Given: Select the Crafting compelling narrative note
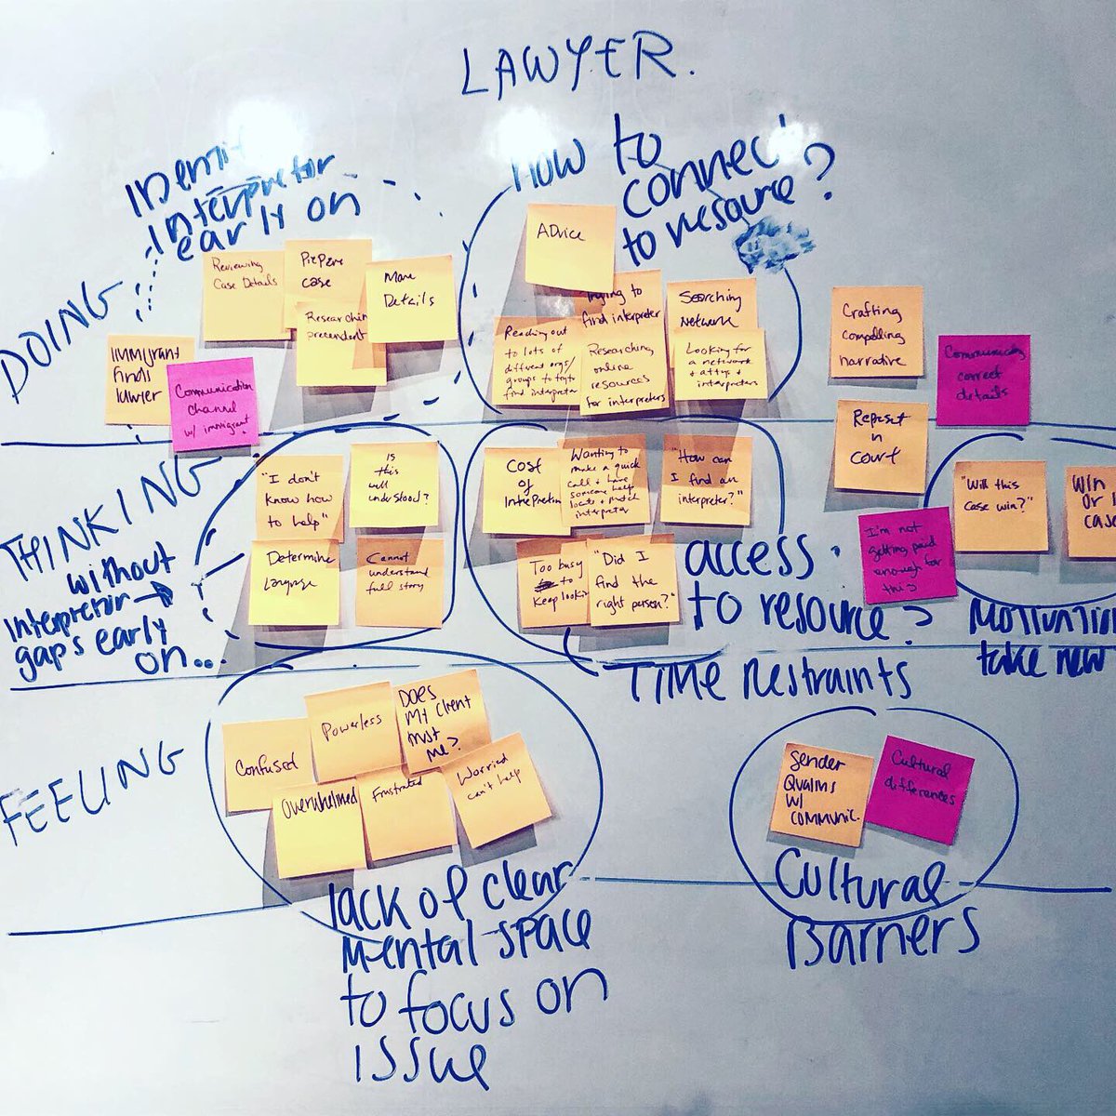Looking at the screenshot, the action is [876, 332].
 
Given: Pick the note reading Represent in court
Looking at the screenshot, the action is [881, 445].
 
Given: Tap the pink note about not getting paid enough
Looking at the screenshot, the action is [906, 555].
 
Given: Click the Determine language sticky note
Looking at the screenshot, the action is [294, 581].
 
